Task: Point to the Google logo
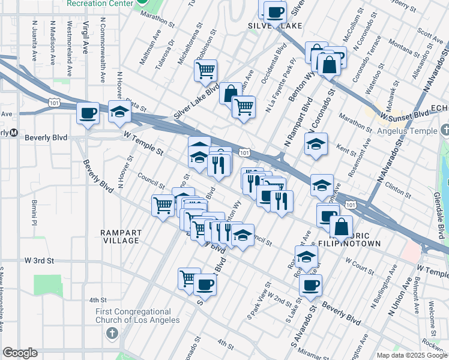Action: [x=20, y=353]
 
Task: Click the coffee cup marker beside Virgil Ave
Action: [x=88, y=113]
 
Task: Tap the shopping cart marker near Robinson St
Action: [x=205, y=70]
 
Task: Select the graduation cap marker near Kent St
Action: [x=316, y=145]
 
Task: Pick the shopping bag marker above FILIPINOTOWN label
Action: [x=341, y=227]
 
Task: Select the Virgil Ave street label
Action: [x=86, y=36]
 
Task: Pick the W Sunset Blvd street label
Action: [x=403, y=113]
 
